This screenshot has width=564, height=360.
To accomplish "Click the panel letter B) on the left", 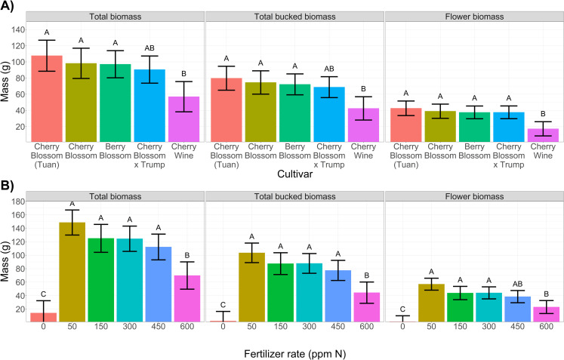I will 9,183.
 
